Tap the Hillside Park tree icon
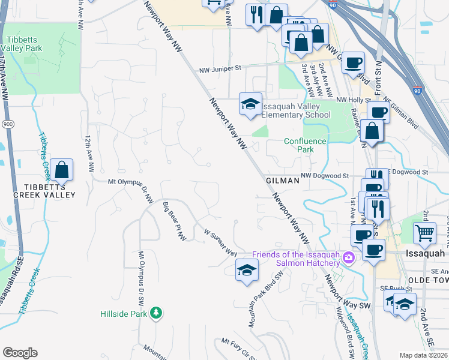156,313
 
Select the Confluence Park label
305,145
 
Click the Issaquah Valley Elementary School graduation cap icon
250,104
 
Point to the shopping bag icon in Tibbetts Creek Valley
62,170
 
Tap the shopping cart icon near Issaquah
425,232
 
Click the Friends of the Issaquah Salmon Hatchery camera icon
349,259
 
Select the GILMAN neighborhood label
282,180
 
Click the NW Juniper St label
219,69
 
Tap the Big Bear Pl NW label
175,222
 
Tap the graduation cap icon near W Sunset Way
247,270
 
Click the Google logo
20,353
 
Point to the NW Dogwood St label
325,175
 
